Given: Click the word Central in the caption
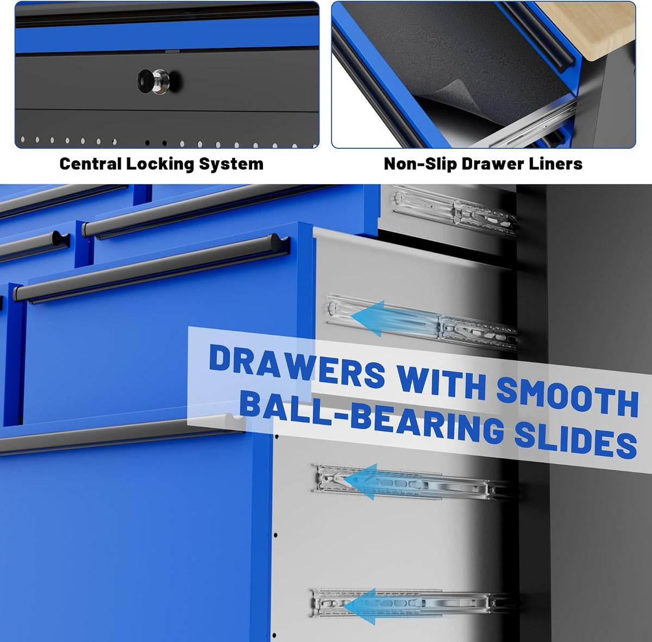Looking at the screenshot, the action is point(91,163).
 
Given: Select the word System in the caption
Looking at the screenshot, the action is point(231,165).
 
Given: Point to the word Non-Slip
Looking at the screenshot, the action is point(421,163).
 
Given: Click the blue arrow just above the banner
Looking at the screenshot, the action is point(394,319).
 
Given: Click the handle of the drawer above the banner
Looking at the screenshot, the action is point(153,268).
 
